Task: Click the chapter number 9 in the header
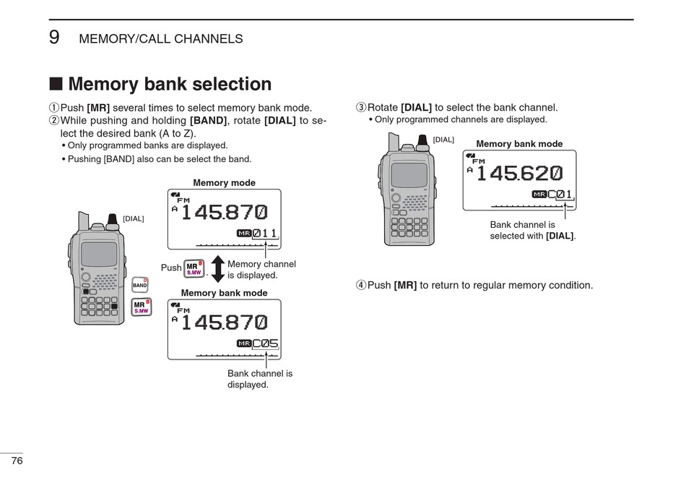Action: coord(54,38)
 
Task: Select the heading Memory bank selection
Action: coord(170,85)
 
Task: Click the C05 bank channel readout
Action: coord(265,344)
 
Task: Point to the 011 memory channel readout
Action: coord(264,233)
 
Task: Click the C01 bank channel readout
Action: coord(560,194)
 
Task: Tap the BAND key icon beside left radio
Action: coord(139,284)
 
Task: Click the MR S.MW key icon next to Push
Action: coord(194,268)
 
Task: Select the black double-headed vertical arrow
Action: coord(218,268)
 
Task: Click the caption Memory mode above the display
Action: coord(224,183)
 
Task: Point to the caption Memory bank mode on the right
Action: coord(519,144)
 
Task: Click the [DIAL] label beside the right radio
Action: coord(443,140)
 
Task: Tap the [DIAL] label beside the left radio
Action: coord(134,218)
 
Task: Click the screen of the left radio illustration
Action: coord(99,254)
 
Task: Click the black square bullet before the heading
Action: coord(56,85)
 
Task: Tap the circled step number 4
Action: coord(361,285)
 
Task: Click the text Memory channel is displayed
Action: coord(261,270)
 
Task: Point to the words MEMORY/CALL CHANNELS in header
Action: coord(160,39)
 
